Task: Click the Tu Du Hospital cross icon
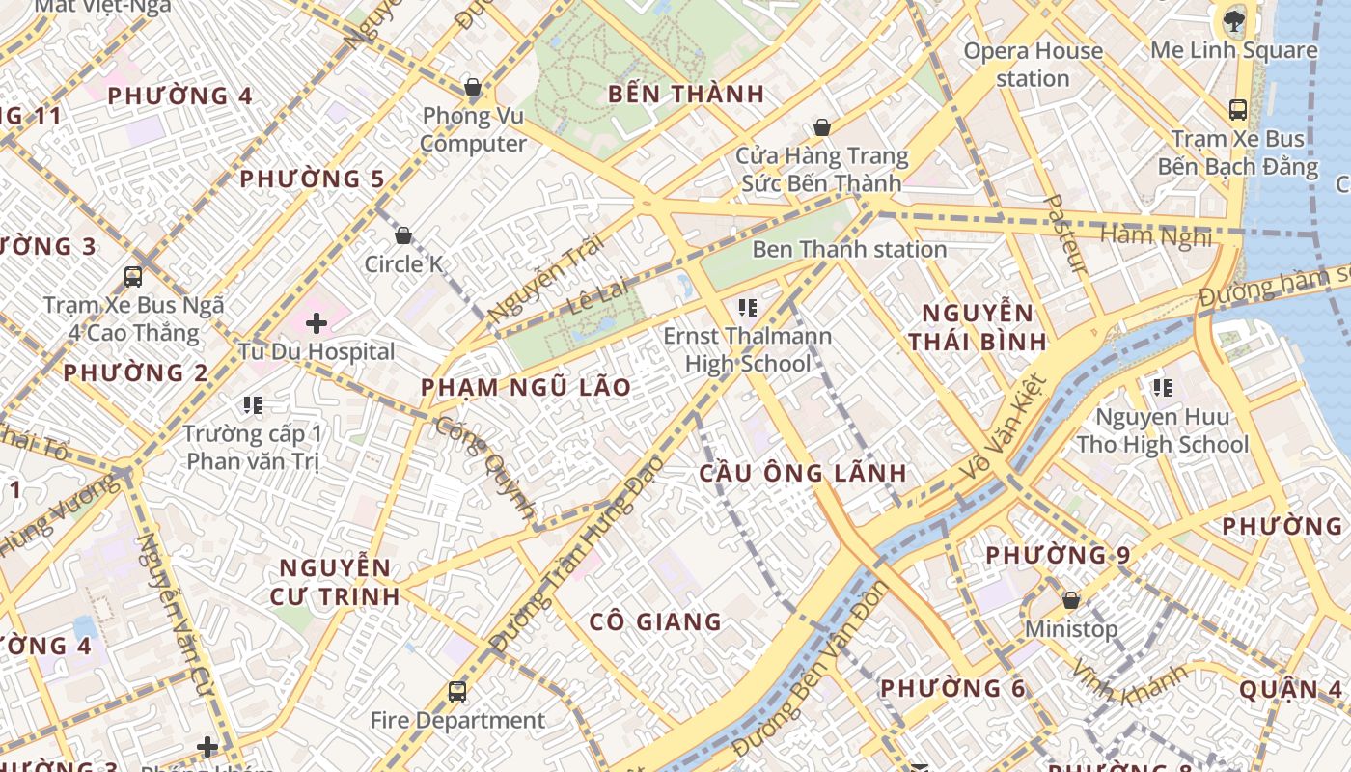coord(316,323)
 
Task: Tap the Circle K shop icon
coord(403,235)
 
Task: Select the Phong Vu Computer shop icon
coord(473,88)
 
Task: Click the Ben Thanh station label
coord(849,249)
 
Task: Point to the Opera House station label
coord(1033,65)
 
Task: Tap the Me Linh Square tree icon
coord(1233,20)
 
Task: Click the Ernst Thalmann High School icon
coord(747,308)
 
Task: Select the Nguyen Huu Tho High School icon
coord(1163,388)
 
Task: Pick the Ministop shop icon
coord(1070,600)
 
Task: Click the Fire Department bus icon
coord(457,691)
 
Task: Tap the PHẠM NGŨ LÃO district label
coord(526,388)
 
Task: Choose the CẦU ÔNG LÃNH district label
coord(803,473)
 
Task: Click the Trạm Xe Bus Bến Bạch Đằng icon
coord(1237,110)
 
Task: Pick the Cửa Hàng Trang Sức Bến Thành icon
coord(822,127)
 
